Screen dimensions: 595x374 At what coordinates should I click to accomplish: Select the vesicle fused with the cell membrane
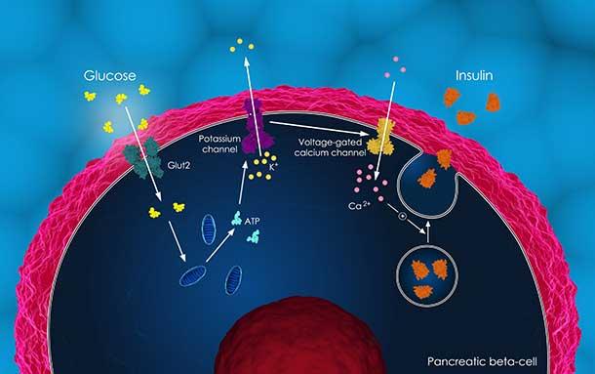click(x=435, y=175)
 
